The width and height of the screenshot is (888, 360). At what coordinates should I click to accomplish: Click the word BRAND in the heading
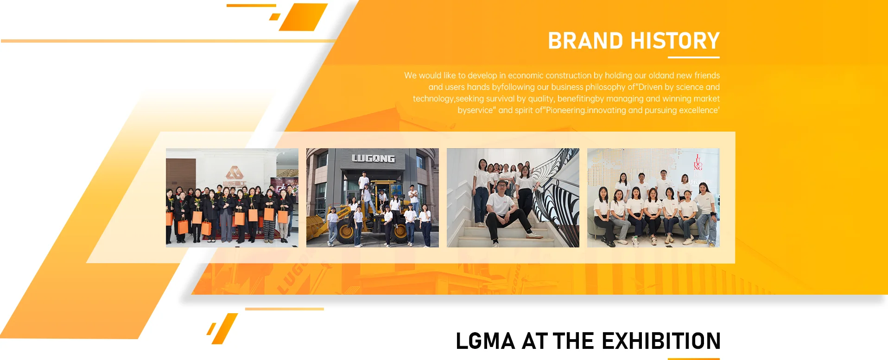586,41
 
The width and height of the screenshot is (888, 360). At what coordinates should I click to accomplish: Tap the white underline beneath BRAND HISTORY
693,57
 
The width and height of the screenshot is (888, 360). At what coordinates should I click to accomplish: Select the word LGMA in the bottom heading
486,341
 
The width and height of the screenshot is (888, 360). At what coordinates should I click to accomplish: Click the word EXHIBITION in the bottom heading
661,341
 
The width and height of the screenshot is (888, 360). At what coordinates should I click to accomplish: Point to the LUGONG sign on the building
373,158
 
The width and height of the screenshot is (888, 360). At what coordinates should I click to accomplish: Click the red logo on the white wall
235,173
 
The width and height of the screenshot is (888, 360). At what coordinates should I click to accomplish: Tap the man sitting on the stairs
505,211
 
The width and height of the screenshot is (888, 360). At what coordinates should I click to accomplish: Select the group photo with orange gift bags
232,198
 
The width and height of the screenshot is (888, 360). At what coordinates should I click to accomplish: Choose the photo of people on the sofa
653,198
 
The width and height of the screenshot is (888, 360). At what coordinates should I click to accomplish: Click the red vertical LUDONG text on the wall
698,163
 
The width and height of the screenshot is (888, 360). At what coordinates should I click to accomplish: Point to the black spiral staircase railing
554,195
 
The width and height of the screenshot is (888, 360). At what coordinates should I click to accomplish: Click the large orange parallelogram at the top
304,17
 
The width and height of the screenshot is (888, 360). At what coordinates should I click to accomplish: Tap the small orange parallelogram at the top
275,17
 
